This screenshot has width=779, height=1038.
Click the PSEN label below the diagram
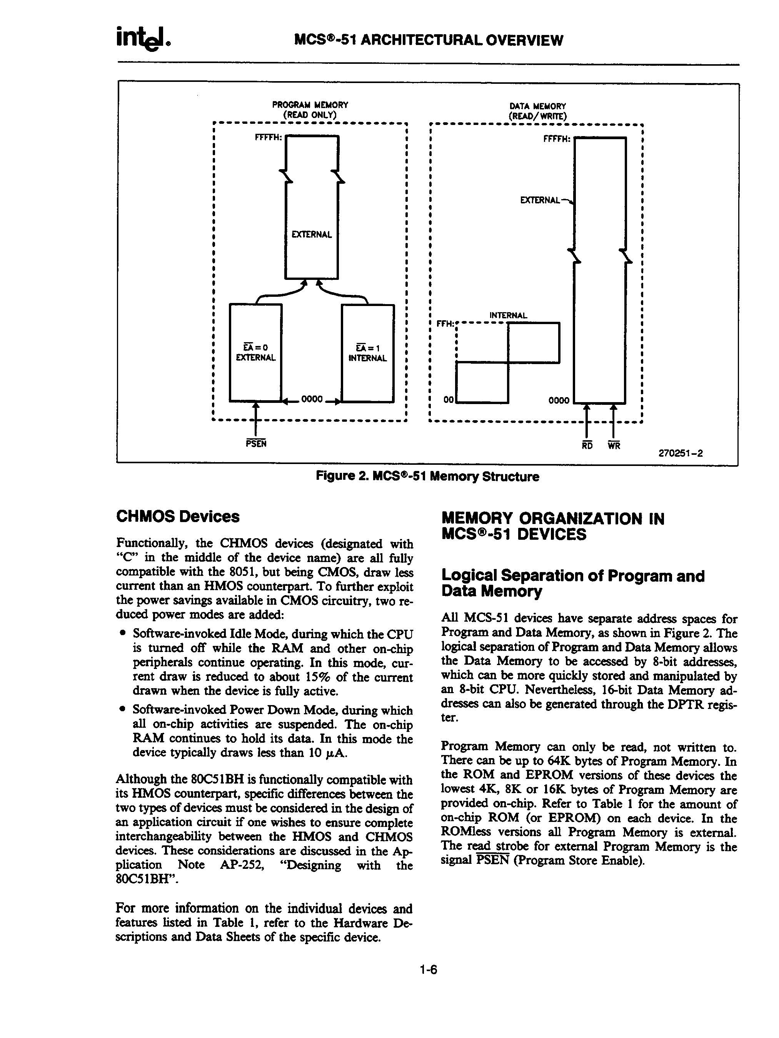tap(256, 443)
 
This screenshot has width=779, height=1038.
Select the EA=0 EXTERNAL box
tap(255, 353)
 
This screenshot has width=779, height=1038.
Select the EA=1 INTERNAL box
tap(368, 353)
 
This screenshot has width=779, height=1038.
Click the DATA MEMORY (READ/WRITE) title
tap(538, 111)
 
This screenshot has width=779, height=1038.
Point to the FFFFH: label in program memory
tap(269, 138)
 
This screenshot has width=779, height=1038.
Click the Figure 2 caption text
tap(427, 477)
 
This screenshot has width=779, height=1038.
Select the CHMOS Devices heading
tap(177, 517)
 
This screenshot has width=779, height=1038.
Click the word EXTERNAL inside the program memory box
tap(312, 235)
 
